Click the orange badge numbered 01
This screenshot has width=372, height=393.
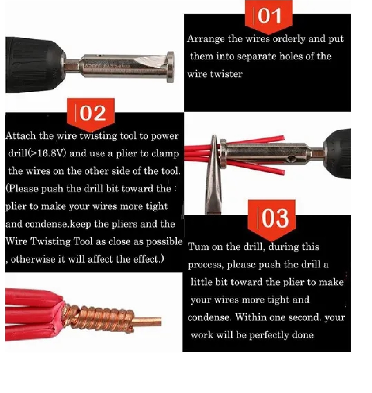point(269,17)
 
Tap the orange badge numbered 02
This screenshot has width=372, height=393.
point(91,114)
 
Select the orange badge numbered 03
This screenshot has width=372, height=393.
point(271,220)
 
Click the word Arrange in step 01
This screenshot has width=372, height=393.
point(206,39)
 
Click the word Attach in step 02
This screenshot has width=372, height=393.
point(21,136)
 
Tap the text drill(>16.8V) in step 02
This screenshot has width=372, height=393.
point(37,153)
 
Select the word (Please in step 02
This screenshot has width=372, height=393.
point(22,189)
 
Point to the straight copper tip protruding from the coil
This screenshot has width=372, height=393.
point(147,321)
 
